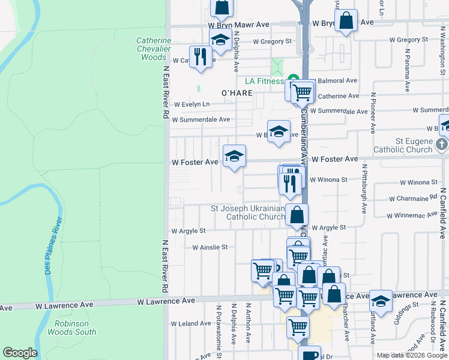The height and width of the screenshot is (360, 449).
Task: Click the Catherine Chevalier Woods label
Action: pyautogui.click(x=153, y=49)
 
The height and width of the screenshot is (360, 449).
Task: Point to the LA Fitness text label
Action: pyautogui.click(x=264, y=82)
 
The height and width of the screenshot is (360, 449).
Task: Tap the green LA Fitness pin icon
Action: pyautogui.click(x=293, y=79)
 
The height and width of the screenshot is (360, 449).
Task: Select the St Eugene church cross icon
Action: pyautogui.click(x=441, y=144)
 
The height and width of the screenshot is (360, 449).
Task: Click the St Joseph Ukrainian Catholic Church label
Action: pyautogui.click(x=247, y=212)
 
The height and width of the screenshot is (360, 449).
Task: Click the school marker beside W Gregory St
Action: pyautogui.click(x=220, y=40)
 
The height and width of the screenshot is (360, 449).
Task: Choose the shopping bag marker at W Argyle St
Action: pyautogui.click(x=297, y=214)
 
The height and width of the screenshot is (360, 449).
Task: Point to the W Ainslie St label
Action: pyautogui.click(x=209, y=247)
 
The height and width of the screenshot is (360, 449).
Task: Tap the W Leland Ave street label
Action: pyautogui.click(x=191, y=323)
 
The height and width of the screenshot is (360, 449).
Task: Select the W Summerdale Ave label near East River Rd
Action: pyautogui.click(x=201, y=119)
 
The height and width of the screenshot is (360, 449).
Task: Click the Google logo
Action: pyautogui.click(x=20, y=353)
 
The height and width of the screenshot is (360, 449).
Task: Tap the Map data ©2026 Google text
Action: pyautogui.click(x=411, y=355)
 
